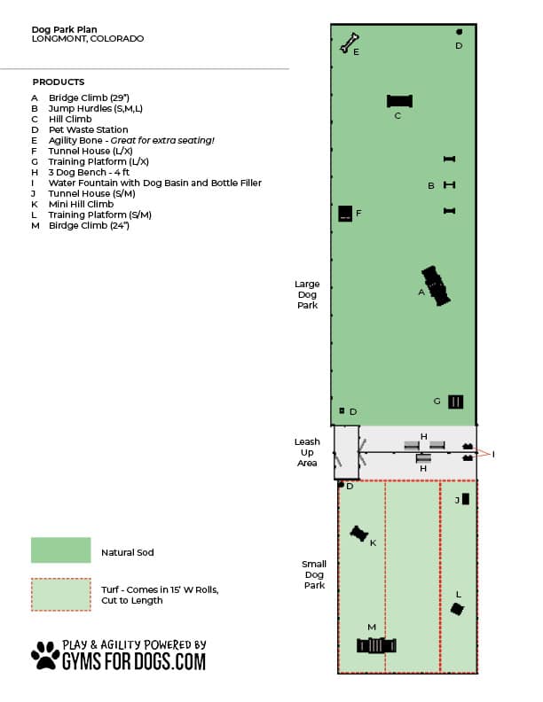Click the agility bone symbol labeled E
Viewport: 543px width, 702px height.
tap(350, 43)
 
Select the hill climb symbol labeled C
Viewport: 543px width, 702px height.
tap(400, 101)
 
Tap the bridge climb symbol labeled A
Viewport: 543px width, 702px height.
tap(435, 286)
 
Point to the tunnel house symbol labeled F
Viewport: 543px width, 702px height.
tap(345, 214)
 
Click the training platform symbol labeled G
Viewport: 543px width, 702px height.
tap(455, 402)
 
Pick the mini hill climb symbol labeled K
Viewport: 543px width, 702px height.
tap(358, 533)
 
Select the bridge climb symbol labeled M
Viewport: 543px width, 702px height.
tap(375, 644)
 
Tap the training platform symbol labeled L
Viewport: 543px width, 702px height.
tap(457, 608)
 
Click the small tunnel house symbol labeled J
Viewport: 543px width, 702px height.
tap(466, 499)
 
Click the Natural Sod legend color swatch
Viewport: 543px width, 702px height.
tap(60, 550)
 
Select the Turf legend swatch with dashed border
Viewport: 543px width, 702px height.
tap(60, 595)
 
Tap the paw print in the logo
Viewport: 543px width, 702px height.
tap(45, 655)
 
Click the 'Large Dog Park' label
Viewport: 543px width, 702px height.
tap(307, 295)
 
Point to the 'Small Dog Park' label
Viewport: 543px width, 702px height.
tap(314, 574)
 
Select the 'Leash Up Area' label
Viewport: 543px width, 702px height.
tap(307, 451)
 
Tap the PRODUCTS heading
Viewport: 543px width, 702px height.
tap(58, 82)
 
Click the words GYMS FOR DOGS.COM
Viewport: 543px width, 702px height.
tap(133, 661)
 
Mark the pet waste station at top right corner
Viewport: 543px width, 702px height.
tap(459, 32)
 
